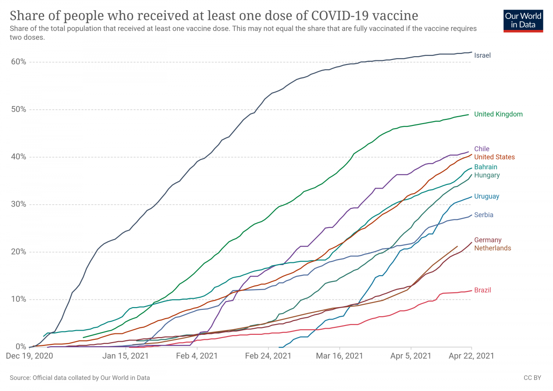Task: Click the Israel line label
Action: [x=482, y=55]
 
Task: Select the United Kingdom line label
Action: [x=498, y=114]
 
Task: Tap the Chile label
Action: [x=482, y=149]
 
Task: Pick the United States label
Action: [x=494, y=157]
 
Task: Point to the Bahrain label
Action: [x=486, y=167]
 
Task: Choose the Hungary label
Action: [x=487, y=175]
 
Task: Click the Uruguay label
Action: [x=487, y=196]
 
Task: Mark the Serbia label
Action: [x=484, y=215]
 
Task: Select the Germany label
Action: [x=488, y=240]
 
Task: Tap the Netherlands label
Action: [x=493, y=248]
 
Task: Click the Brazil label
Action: [x=482, y=290]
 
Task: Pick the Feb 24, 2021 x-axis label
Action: [x=268, y=356]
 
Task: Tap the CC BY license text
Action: [x=532, y=378]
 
